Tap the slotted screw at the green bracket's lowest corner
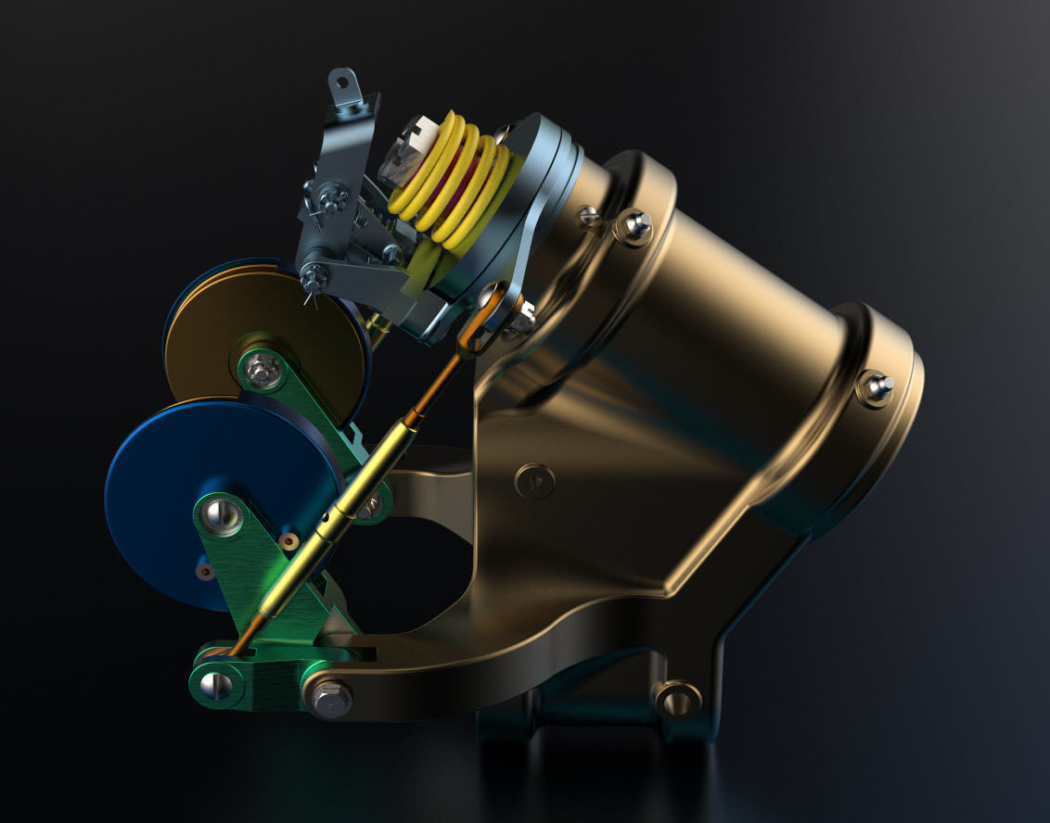click(214, 685)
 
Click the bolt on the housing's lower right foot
click(676, 698)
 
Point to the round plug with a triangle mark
click(535, 480)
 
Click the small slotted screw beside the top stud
click(589, 216)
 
